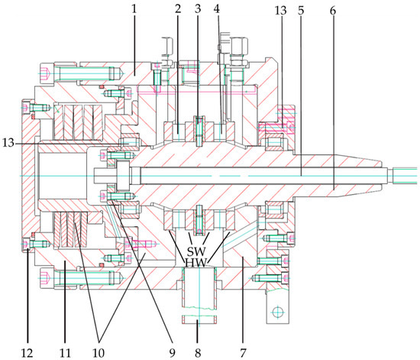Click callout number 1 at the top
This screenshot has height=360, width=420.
(x=134, y=9)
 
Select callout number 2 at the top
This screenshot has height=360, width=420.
(x=178, y=9)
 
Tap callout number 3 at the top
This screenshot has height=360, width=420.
(x=198, y=9)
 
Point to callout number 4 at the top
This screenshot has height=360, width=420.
(x=217, y=9)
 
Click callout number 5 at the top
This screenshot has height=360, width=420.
(x=301, y=11)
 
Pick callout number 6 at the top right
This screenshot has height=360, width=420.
(x=332, y=11)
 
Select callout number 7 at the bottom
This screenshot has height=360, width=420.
(x=243, y=352)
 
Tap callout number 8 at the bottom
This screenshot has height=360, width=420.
(x=198, y=352)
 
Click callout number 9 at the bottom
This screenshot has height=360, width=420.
(x=173, y=352)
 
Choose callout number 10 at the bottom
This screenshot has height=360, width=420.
(x=99, y=352)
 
